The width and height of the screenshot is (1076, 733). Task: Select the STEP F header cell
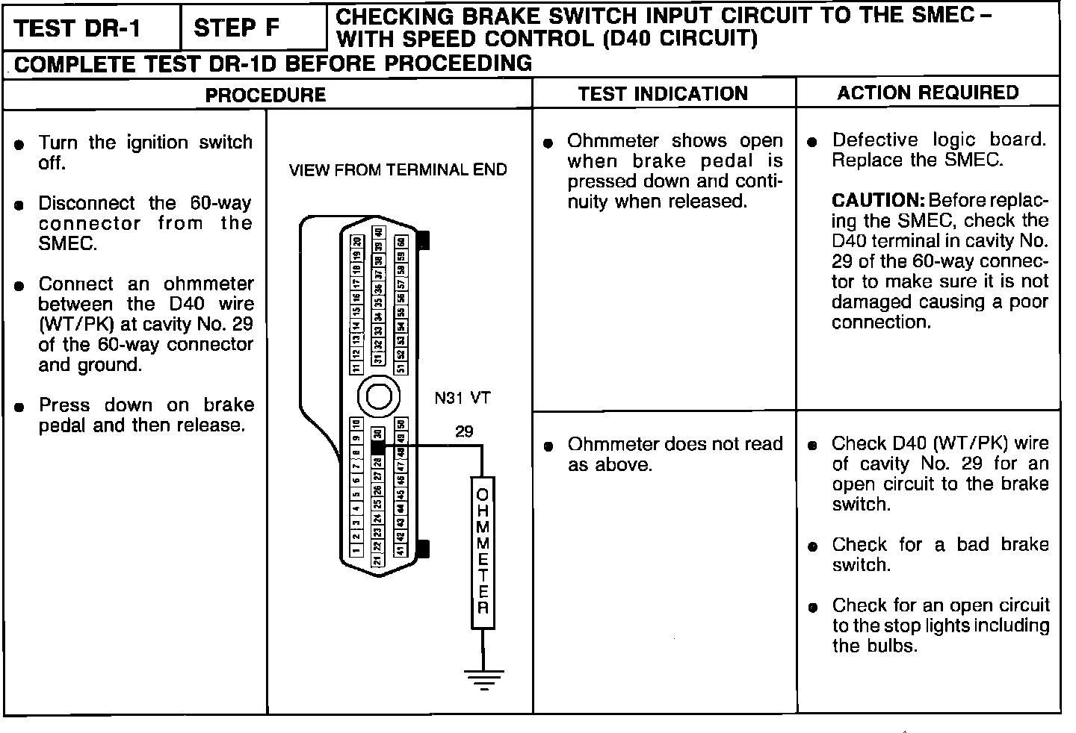(x=238, y=28)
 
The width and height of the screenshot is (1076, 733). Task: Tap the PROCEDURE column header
(x=266, y=95)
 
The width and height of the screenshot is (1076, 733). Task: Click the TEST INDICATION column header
(x=663, y=93)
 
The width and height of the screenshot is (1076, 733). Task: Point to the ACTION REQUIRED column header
(x=927, y=93)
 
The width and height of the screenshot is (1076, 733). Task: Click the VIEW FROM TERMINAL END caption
(x=398, y=170)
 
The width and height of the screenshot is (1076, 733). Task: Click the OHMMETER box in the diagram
(x=483, y=552)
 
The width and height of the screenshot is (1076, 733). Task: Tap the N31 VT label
(x=463, y=398)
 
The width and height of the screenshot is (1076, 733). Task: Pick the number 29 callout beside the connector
(x=464, y=431)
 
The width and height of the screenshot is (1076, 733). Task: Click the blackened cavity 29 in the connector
(x=377, y=447)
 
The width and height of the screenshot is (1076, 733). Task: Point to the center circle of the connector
(x=378, y=395)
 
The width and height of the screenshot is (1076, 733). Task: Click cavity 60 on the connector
(x=401, y=242)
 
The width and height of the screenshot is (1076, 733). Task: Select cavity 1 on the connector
(x=356, y=552)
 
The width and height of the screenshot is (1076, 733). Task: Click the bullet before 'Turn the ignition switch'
(x=20, y=144)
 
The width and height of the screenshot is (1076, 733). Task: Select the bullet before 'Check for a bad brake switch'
(x=814, y=547)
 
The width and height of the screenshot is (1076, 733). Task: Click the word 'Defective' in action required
(x=874, y=140)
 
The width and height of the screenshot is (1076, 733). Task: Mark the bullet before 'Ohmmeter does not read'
(x=548, y=446)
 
